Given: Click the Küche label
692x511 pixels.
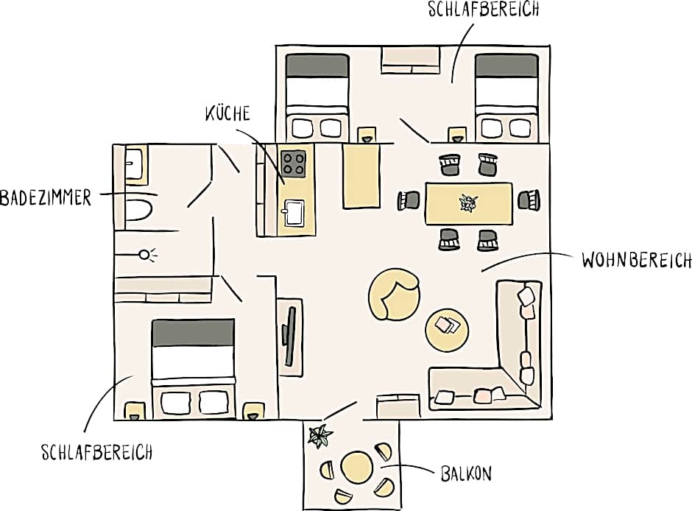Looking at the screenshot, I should [x=227, y=114].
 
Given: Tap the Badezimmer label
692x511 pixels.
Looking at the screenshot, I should [x=46, y=197].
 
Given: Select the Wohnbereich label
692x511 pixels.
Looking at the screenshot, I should [x=636, y=261].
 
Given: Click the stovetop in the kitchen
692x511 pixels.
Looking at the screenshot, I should [x=294, y=163].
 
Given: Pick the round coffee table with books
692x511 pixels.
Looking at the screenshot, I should [x=447, y=328].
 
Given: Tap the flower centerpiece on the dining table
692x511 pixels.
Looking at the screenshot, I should [x=467, y=202].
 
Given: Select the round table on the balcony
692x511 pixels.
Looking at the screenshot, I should [x=356, y=468].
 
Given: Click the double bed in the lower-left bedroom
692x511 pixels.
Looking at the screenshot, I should [x=193, y=368].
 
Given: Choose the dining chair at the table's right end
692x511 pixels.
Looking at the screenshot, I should [x=529, y=200].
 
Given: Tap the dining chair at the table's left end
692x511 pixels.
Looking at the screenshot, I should [x=409, y=200].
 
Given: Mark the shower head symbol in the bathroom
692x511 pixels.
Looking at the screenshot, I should [x=146, y=255].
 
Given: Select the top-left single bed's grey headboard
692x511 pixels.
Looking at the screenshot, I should [x=317, y=65].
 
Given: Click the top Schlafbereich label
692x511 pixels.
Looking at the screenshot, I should [x=483, y=10].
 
